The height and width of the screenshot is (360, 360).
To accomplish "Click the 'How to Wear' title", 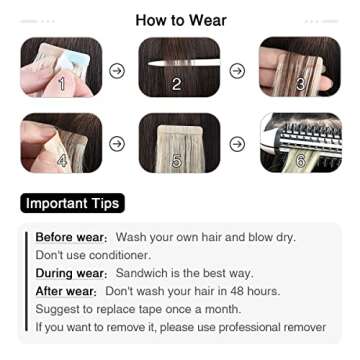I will click(x=180, y=19).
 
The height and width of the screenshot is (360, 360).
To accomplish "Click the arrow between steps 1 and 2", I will click(x=118, y=69).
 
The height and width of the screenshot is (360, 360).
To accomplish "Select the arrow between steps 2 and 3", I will click(x=236, y=69).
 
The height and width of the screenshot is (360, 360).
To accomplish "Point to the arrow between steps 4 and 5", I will click(x=118, y=144).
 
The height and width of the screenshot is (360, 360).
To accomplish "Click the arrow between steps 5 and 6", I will click(x=236, y=144).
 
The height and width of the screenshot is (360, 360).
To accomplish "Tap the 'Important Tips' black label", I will click(x=72, y=203).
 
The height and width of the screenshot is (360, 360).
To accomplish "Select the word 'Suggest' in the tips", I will click(x=59, y=309).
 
